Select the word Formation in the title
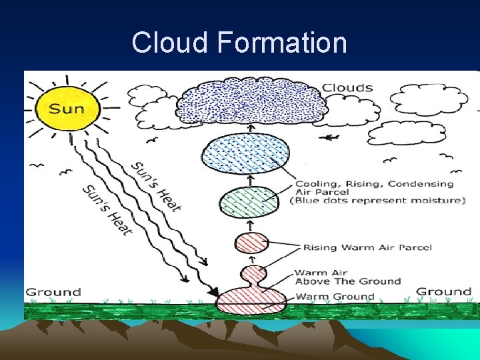[x=282, y=43]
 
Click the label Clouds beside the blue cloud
[x=347, y=87]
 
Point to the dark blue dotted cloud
[x=253, y=102]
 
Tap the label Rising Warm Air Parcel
[x=367, y=247]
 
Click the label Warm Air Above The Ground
[x=347, y=277]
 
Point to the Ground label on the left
[x=53, y=292]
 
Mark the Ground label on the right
[x=443, y=291]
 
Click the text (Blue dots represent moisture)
[x=377, y=201]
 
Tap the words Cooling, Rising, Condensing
[x=374, y=184]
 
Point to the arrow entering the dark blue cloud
[x=251, y=129]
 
